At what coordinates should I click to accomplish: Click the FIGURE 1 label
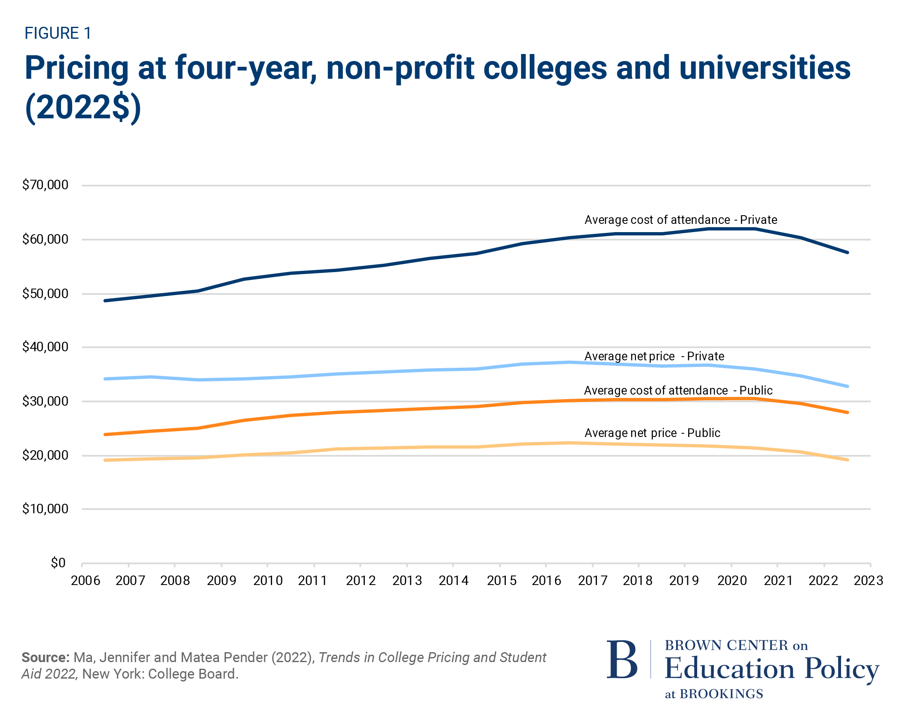point(58,33)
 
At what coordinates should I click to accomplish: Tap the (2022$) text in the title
point(83,107)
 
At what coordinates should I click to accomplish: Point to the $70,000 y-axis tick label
point(45,185)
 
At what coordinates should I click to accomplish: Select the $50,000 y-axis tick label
point(45,293)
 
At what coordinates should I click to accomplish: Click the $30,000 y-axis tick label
point(45,401)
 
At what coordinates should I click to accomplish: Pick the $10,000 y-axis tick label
point(45,509)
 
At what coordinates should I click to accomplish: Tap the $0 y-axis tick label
point(58,562)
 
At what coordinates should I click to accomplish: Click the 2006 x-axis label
point(85,580)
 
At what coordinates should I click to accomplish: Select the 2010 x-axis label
point(268,580)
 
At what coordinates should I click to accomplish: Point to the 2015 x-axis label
point(501,580)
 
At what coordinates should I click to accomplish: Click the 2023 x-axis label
point(868,580)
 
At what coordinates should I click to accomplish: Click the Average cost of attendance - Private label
point(681,220)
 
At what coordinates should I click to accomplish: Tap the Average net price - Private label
point(654,356)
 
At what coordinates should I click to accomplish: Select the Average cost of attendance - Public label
point(678,390)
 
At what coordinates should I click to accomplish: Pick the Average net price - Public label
point(652,433)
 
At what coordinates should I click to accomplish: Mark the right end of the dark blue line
point(847,252)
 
